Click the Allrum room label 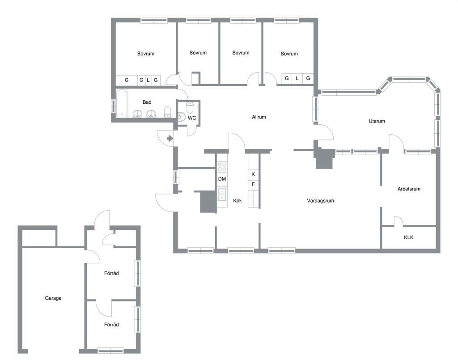click(259, 117)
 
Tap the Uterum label click(377, 121)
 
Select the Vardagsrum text click(320, 201)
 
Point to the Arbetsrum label click(409, 189)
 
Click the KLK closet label click(408, 237)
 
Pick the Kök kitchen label click(237, 201)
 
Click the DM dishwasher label click(222, 179)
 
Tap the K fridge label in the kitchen click(253, 174)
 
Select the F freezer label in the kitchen click(253, 184)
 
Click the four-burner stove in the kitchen click(222, 167)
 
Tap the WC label click(191, 118)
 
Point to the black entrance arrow click(170, 138)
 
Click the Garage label click(53, 298)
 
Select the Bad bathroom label click(147, 102)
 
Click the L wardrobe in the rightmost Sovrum click(297, 78)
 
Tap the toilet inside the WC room click(190, 107)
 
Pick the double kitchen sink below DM click(222, 195)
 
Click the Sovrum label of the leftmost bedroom click(145, 53)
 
